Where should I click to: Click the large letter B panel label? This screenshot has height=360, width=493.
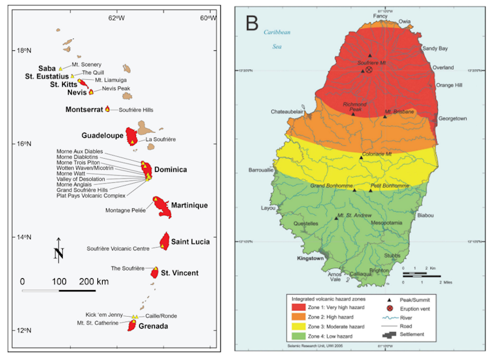click(x=251, y=24)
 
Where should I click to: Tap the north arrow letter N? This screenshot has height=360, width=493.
click(x=58, y=254)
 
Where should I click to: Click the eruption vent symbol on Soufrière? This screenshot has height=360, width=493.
click(x=369, y=70)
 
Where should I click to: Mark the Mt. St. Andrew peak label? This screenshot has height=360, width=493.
click(x=354, y=215)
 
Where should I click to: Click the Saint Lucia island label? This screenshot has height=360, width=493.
click(x=190, y=242)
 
